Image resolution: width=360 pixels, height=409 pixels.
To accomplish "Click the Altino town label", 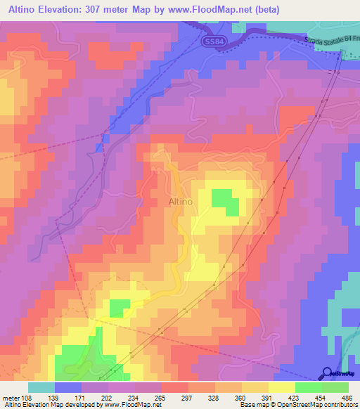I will [181, 202].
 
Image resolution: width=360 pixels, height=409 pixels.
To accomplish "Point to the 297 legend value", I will [188, 397].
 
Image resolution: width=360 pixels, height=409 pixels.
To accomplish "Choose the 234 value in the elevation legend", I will [134, 397].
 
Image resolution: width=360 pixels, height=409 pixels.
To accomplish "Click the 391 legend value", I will [268, 397].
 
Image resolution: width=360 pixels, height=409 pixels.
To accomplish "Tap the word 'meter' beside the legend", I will [11, 397].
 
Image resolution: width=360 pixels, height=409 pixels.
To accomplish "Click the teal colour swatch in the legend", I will [41, 387].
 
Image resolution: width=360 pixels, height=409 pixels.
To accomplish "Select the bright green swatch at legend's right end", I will [335, 387].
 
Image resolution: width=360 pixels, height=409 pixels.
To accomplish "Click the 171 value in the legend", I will [82, 397].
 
